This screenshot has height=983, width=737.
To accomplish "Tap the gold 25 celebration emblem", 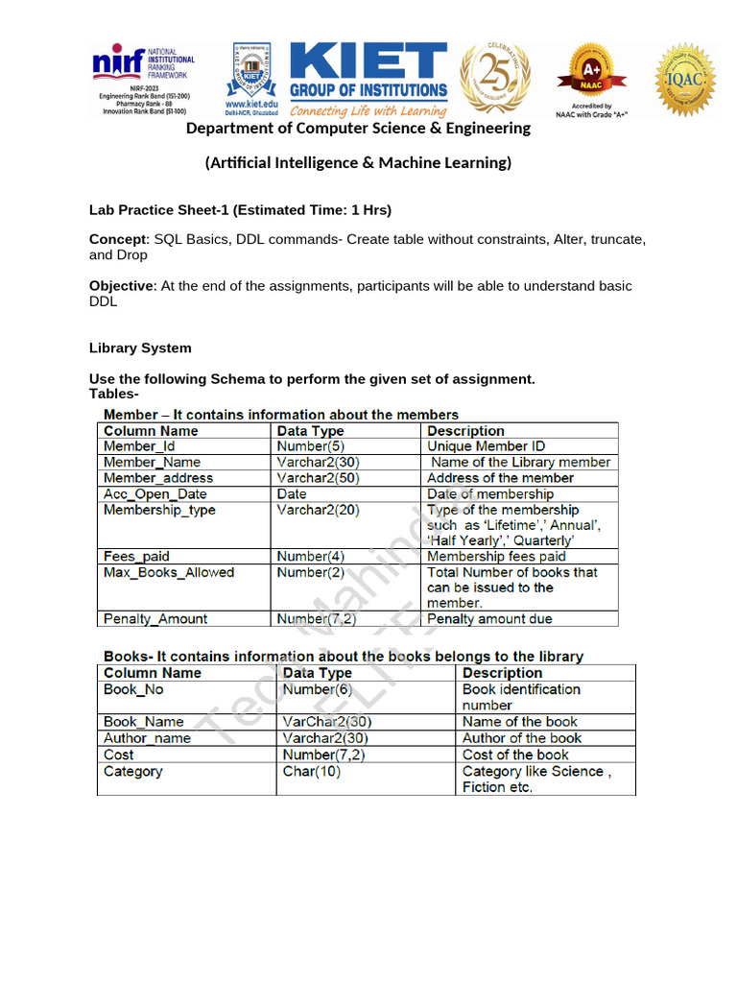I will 495,79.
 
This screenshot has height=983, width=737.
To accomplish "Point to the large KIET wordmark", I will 368,63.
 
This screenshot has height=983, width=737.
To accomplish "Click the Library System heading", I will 140,348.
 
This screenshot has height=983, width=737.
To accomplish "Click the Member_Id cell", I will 139,446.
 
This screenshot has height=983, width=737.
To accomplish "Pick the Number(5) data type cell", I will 309,446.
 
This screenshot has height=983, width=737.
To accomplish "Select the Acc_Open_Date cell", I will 155,494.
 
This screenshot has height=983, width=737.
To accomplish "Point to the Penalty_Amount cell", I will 155,619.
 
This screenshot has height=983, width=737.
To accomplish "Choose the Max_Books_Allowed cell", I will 169,572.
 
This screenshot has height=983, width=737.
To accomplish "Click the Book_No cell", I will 134,689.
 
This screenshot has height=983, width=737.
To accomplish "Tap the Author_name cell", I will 147,738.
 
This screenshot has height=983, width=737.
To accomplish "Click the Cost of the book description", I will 515,755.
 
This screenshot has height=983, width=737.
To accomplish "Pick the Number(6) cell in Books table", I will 318,689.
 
